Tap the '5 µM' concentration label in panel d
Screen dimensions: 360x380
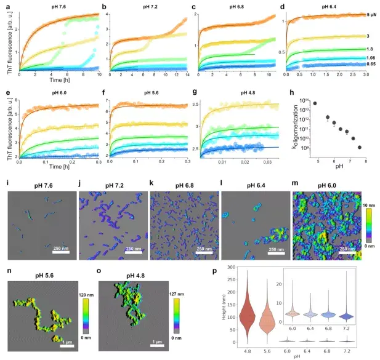tap(368, 14)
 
